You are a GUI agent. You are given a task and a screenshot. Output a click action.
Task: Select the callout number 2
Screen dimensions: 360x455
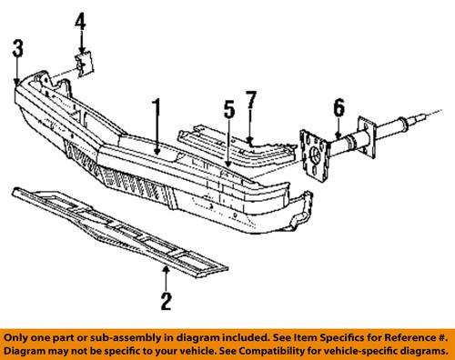coord(166,301)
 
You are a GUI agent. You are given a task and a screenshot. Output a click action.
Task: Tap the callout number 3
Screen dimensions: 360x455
coord(17,50)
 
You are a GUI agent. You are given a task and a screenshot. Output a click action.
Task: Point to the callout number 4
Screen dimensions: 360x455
coord(82,21)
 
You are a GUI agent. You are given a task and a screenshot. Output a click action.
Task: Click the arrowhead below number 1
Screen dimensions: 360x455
coord(157,148)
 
